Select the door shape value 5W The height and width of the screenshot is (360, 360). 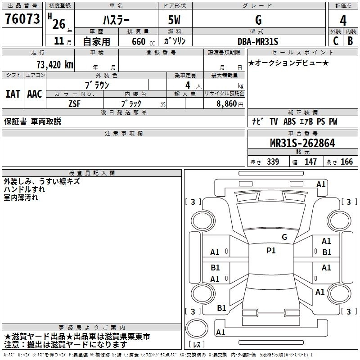175,20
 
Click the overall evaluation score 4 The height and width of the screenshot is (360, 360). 343,21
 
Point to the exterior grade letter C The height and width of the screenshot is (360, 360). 335,41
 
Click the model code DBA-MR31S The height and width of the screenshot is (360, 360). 258,41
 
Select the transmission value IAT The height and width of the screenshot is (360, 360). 13,94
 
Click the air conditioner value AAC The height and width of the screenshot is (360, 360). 35,94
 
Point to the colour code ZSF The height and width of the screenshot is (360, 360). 74,103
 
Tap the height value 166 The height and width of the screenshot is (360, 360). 346,162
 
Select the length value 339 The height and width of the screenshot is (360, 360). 272,162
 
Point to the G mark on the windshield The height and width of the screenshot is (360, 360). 284,237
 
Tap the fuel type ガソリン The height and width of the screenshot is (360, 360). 175,41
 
